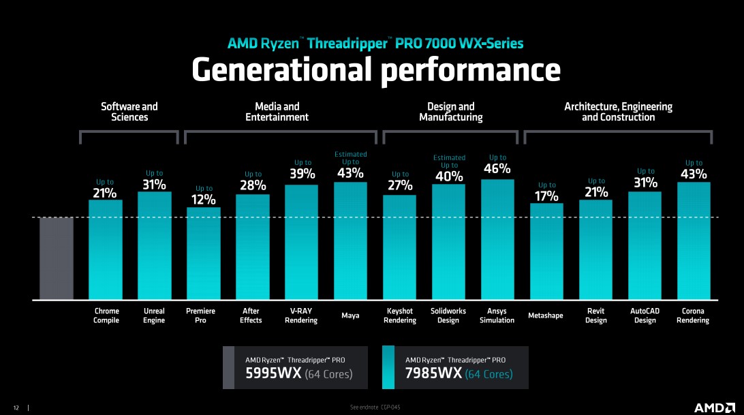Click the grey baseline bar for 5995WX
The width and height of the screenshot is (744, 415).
click(56, 258)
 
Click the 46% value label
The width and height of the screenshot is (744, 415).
click(497, 168)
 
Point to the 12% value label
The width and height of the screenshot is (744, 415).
click(203, 200)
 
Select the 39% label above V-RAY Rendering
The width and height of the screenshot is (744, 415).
click(302, 174)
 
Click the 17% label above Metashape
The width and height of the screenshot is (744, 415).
click(546, 196)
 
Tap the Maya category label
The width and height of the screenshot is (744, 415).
click(350, 316)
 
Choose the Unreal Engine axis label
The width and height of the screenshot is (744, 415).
click(154, 316)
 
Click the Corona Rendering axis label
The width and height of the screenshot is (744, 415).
click(693, 316)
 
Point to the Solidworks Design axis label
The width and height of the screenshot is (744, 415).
click(448, 316)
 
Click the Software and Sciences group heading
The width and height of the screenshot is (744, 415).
click(129, 112)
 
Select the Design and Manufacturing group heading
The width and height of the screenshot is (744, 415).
click(450, 112)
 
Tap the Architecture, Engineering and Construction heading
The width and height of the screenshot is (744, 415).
click(618, 112)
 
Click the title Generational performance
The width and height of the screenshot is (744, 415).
click(375, 70)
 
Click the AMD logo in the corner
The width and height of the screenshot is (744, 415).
click(713, 407)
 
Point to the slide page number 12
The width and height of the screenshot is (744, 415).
click(16, 408)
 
